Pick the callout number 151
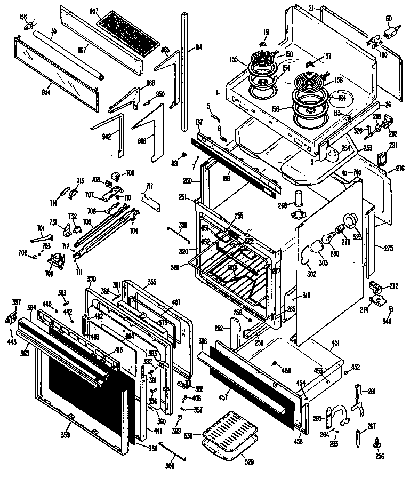pyautogui.click(x=266, y=33)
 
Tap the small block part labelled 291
pyautogui.click(x=381, y=158)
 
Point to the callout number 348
pyautogui.click(x=387, y=321)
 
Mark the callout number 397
pyautogui.click(x=16, y=302)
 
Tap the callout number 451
pyautogui.click(x=335, y=344)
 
